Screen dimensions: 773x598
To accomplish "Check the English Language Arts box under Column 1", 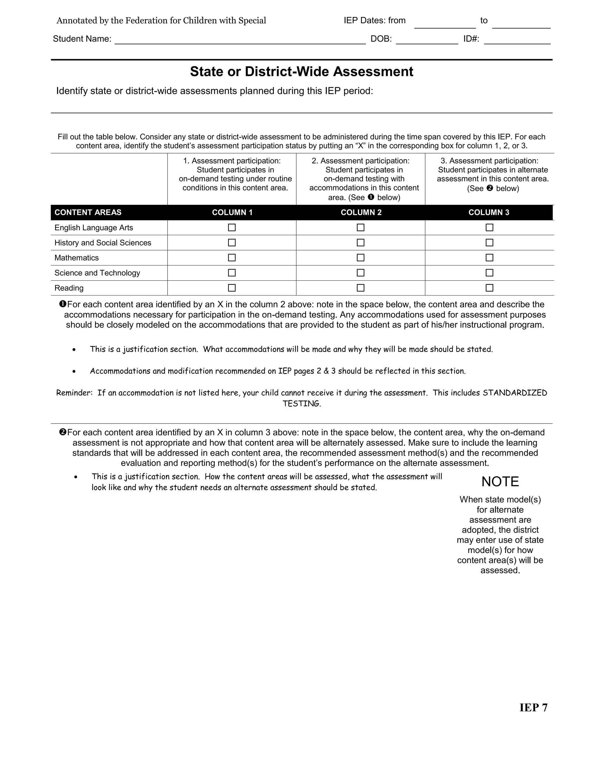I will (232, 228).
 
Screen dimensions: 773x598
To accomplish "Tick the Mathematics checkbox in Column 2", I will (360, 258).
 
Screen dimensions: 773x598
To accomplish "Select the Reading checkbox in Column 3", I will (489, 288).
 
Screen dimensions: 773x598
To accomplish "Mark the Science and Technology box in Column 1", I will (232, 273).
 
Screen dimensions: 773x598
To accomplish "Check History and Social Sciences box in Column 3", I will (489, 243).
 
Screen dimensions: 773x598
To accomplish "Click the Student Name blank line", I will (240, 40).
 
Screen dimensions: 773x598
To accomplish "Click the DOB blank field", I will (427, 40).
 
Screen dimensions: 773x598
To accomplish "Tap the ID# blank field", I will (517, 40).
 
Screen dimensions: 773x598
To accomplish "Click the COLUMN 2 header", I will (361, 212).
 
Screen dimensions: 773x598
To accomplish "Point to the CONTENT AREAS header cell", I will (88, 212).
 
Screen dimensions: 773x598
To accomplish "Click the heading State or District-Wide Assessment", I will (301, 71).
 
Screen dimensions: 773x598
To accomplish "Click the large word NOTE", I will (500, 482).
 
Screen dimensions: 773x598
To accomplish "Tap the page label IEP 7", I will (533, 708).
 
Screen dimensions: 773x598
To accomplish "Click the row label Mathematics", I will (77, 258).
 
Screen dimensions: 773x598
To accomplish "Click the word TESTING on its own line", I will (301, 404).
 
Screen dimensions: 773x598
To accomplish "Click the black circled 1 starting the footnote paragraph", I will (63, 304).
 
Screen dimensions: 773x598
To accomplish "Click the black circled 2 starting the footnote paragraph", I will (63, 432).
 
